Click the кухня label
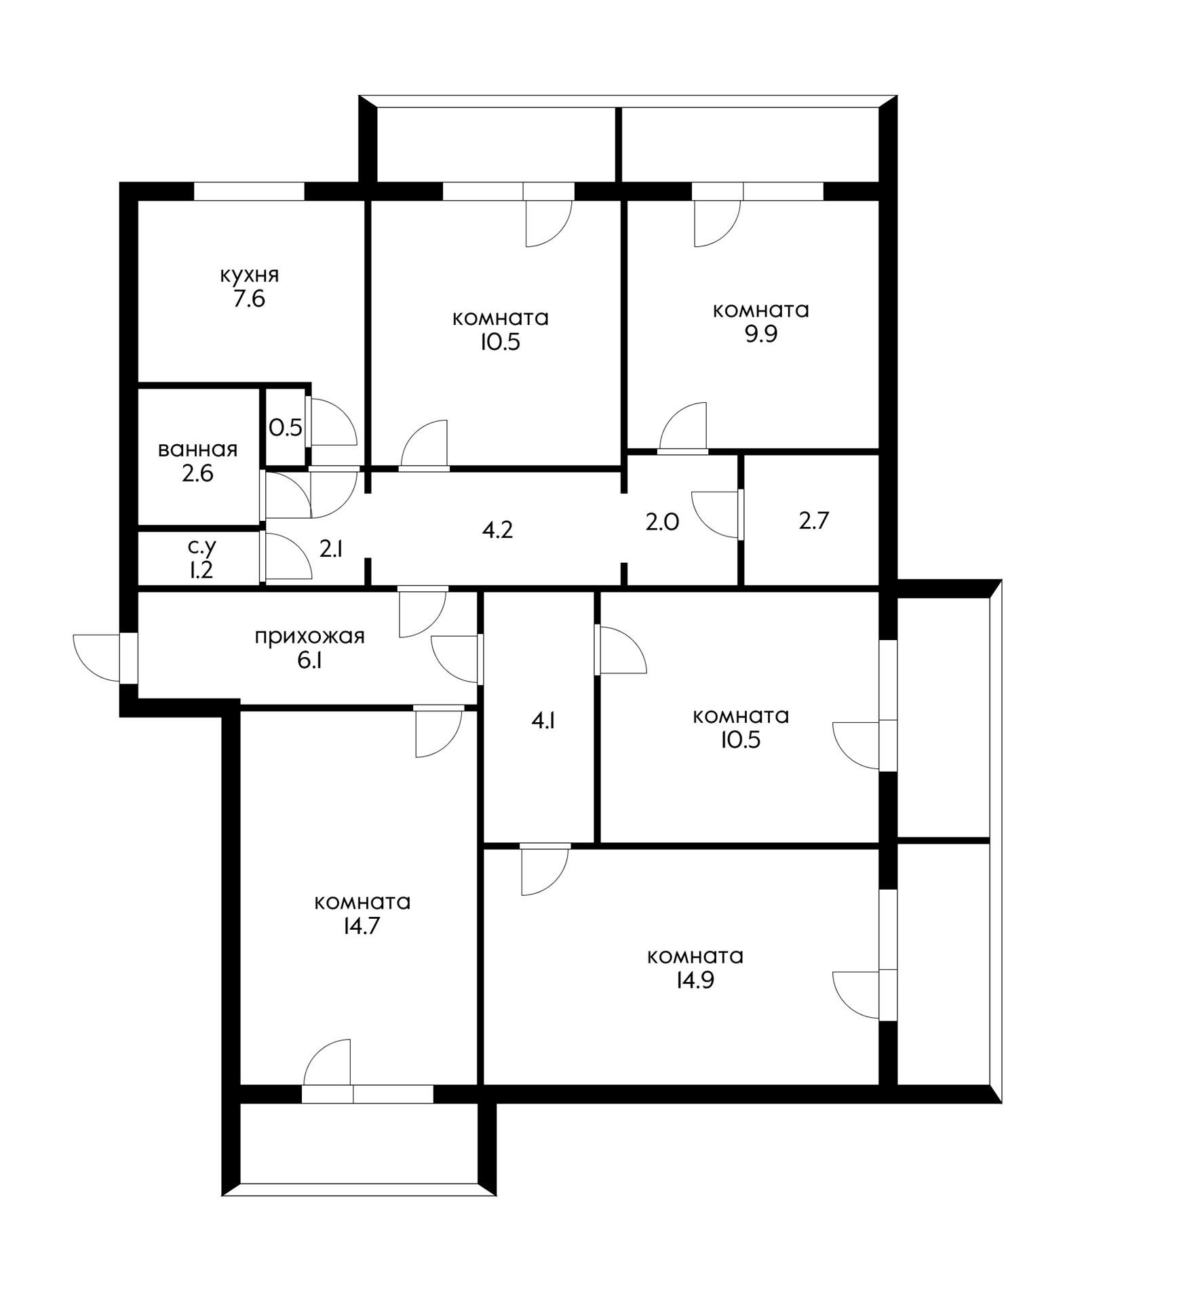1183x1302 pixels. tap(249, 275)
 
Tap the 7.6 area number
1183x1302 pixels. tap(249, 299)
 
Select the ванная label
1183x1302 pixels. tap(197, 450)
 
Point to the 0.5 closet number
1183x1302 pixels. tap(286, 428)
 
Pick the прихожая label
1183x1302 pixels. tap(309, 637)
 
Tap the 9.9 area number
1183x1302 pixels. tap(761, 334)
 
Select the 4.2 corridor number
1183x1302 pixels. tap(497, 530)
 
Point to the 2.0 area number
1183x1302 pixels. tap(662, 522)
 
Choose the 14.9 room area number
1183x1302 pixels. tap(695, 981)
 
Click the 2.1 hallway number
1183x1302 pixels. tap(331, 549)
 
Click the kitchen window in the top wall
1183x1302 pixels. tap(249, 191)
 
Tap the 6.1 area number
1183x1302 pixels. tap(309, 660)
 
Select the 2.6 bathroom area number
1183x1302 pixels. tap(197, 473)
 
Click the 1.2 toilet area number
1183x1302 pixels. tap(201, 570)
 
